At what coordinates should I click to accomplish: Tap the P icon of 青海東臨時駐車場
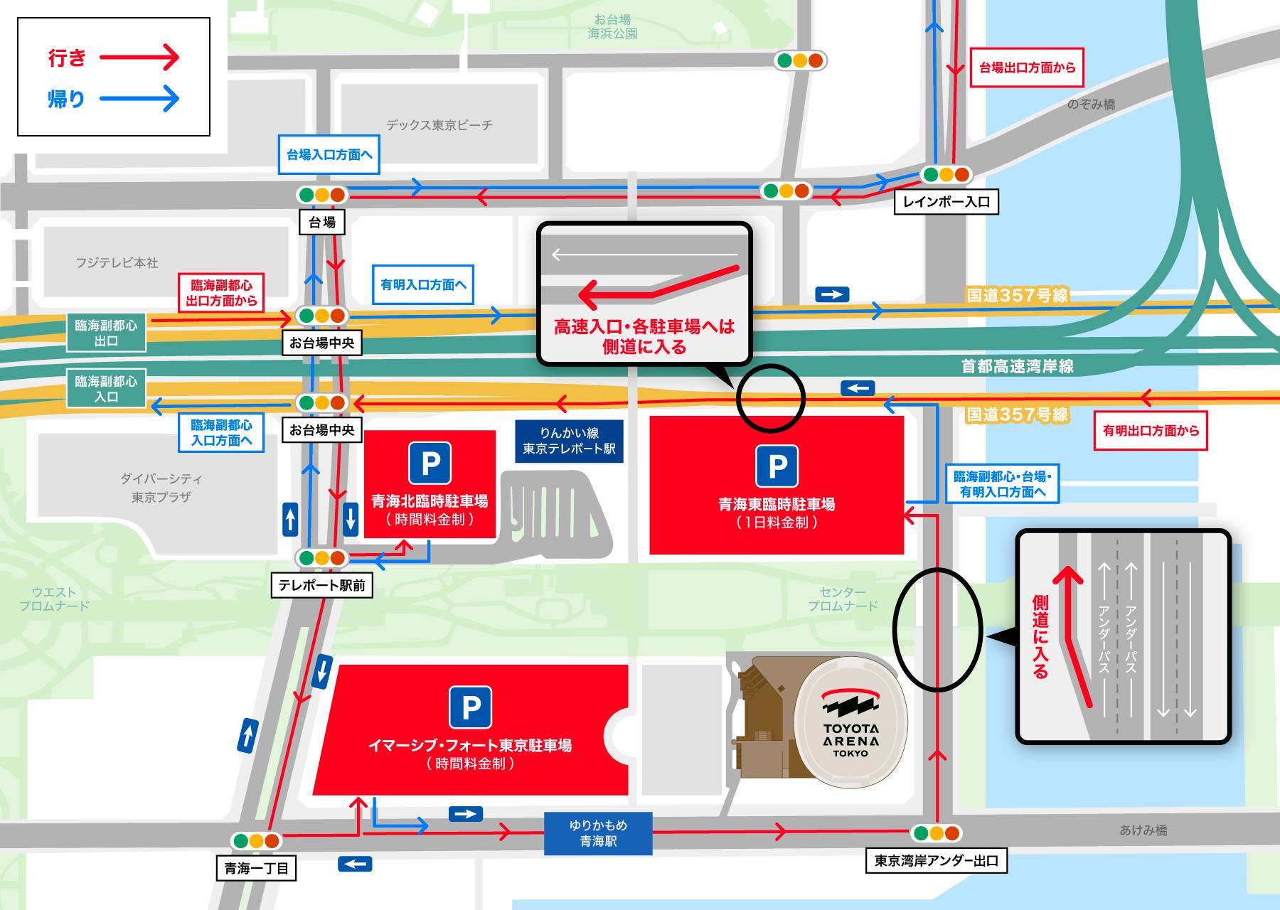click(x=777, y=466)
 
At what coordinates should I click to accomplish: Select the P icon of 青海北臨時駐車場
click(x=430, y=464)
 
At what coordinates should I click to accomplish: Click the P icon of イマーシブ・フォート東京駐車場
click(x=470, y=707)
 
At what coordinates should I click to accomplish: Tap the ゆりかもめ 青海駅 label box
click(x=598, y=833)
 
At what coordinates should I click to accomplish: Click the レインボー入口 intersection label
click(x=946, y=202)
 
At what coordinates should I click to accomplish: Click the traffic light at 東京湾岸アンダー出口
click(x=936, y=833)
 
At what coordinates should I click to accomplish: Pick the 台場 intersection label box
click(x=322, y=223)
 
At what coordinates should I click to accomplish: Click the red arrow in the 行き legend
click(x=139, y=58)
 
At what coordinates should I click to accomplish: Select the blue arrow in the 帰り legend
click(x=139, y=99)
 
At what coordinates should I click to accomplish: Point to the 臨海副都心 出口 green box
click(x=107, y=333)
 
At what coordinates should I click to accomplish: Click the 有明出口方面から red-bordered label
click(x=1151, y=430)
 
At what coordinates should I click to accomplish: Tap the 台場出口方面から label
click(x=1027, y=68)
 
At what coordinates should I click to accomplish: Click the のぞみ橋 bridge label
click(x=1091, y=105)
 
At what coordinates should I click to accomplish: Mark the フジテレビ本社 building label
click(x=117, y=262)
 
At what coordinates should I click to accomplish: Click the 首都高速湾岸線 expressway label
click(x=1017, y=366)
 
